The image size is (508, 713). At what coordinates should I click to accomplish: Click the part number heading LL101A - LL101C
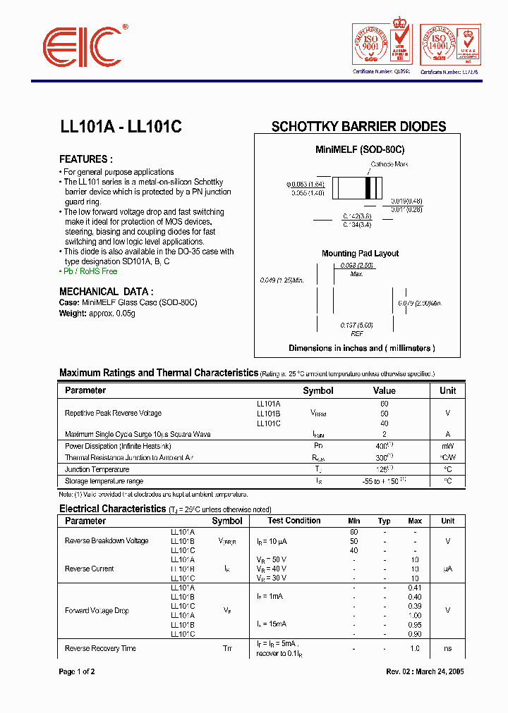tap(121, 128)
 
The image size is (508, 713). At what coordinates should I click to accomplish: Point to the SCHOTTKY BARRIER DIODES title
tap(358, 127)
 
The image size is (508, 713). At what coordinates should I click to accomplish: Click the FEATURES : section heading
tap(85, 159)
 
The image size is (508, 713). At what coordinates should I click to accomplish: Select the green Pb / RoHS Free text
tap(88, 271)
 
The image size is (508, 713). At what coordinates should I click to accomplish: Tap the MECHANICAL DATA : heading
tap(106, 291)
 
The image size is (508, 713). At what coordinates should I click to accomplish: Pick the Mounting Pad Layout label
tap(360, 254)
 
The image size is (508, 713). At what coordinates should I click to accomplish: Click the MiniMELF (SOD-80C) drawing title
tap(359, 150)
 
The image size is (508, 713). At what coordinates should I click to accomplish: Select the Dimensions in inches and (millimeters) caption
tap(361, 348)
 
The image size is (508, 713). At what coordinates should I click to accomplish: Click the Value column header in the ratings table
tap(384, 390)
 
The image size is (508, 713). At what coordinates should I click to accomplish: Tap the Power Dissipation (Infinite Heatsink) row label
tap(118, 446)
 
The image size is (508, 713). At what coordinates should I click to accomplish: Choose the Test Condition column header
tap(294, 521)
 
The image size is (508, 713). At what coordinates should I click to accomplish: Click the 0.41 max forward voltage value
tap(415, 588)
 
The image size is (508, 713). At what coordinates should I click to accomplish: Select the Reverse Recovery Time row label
tap(100, 648)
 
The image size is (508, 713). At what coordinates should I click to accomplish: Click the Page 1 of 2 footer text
tap(77, 671)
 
